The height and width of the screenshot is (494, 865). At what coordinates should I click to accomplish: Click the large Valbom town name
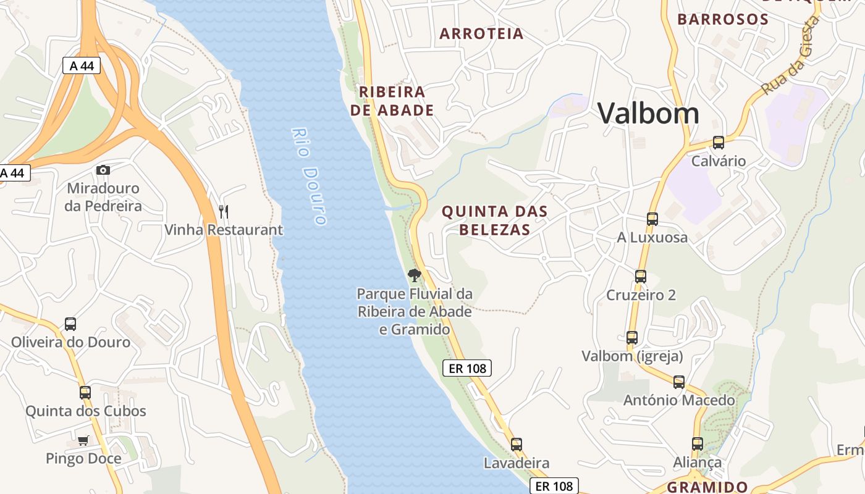click(x=648, y=114)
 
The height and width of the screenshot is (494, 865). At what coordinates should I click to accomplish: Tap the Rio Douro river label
click(x=309, y=176)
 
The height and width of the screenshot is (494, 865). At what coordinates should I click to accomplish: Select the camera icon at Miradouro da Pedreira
click(x=103, y=170)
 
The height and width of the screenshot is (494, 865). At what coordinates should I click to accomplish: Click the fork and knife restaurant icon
click(x=224, y=212)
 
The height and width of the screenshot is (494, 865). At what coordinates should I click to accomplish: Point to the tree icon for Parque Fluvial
click(x=415, y=275)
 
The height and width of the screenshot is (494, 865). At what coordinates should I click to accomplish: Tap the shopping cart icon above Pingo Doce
click(x=83, y=440)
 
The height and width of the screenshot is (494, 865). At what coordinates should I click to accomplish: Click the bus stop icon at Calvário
click(x=718, y=143)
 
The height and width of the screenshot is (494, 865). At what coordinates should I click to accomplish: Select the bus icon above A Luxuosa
click(x=652, y=219)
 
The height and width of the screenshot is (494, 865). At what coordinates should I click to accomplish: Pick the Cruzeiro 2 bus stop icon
click(x=641, y=277)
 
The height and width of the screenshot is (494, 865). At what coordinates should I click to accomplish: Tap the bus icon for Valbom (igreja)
click(x=631, y=338)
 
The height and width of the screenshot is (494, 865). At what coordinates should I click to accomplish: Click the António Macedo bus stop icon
click(x=678, y=382)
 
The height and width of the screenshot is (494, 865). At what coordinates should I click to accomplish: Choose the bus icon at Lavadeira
click(x=516, y=444)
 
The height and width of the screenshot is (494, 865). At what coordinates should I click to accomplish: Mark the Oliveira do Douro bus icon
click(x=70, y=324)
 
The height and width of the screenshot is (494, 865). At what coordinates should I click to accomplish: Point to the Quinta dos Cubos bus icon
click(x=85, y=393)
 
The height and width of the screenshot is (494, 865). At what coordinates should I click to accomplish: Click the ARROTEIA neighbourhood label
click(x=481, y=34)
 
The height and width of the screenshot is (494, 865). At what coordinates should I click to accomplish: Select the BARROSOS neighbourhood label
click(x=723, y=19)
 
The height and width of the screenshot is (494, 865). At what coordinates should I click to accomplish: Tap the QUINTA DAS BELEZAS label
click(x=494, y=220)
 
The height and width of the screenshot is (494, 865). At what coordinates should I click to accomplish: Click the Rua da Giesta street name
click(x=790, y=56)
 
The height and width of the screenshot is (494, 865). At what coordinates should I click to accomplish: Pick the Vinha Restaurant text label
click(x=224, y=230)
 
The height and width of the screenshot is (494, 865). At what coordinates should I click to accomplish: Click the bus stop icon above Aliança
click(x=697, y=443)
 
